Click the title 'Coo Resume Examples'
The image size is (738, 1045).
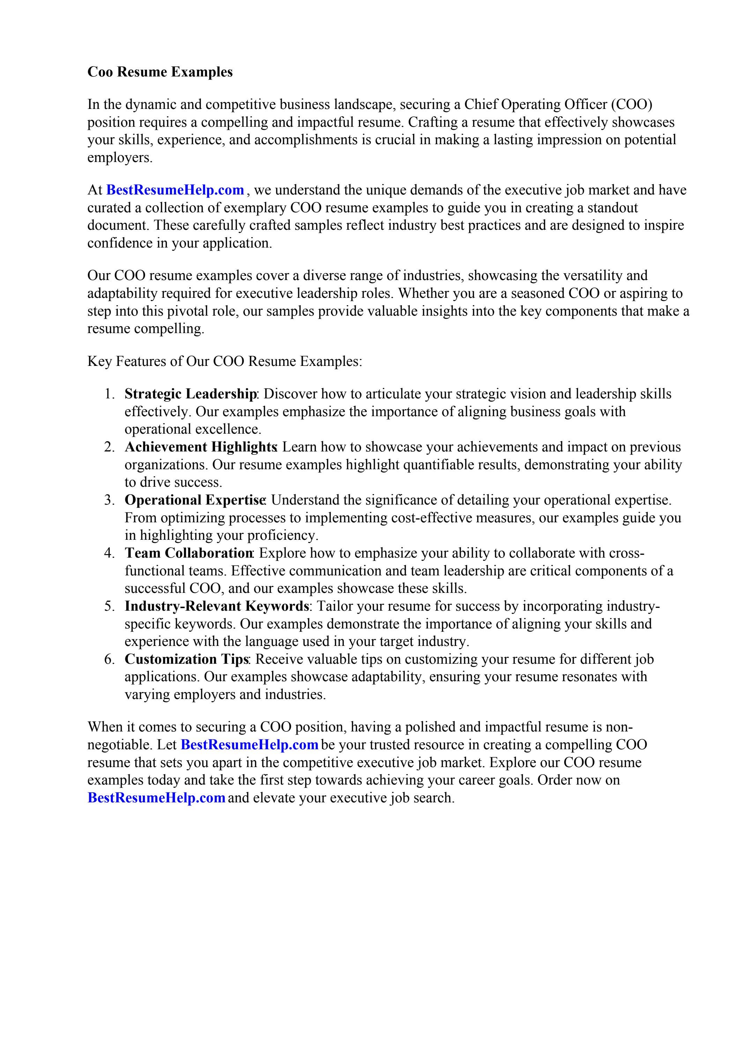coord(160,72)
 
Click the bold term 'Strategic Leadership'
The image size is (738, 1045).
coord(190,394)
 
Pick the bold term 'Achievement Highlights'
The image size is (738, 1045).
coord(200,447)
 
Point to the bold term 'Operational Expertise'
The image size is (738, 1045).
coord(195,500)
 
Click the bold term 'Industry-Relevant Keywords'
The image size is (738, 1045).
coord(217,606)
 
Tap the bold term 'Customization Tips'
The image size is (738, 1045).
coord(187,659)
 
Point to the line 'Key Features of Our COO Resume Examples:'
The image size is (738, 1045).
coord(225,361)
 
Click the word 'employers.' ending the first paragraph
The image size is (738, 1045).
coord(120,157)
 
